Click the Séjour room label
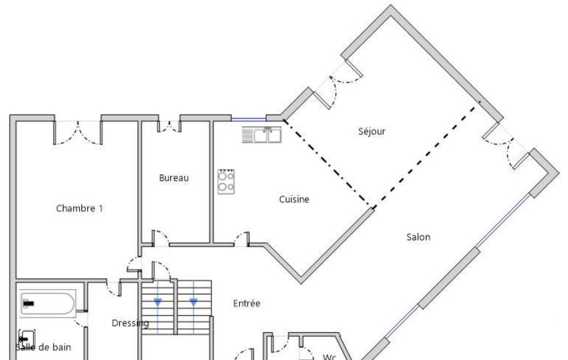372,131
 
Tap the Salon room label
418,237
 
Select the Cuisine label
294,199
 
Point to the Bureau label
174,178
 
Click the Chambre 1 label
80,208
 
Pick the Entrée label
247,303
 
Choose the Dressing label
130,323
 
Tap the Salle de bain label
43,347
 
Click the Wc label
329,357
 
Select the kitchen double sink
262,135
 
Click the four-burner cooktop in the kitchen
226,182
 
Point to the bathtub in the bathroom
48,304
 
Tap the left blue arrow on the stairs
157,302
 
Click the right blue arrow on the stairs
193,302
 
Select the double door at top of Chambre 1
78,132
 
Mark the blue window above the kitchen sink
249,119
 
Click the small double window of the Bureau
169,126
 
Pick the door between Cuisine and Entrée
242,239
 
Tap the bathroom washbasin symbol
27,339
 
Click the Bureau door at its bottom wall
161,238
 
